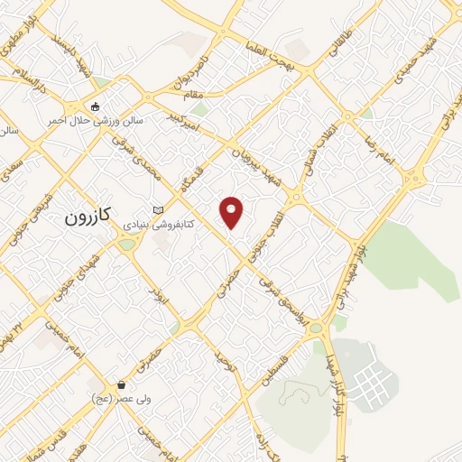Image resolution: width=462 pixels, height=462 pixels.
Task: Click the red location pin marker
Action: click(x=232, y=211)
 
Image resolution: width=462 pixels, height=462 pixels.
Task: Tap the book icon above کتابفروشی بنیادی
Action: click(x=159, y=209)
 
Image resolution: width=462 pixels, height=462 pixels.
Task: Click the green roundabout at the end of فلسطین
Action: click(x=319, y=346)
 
